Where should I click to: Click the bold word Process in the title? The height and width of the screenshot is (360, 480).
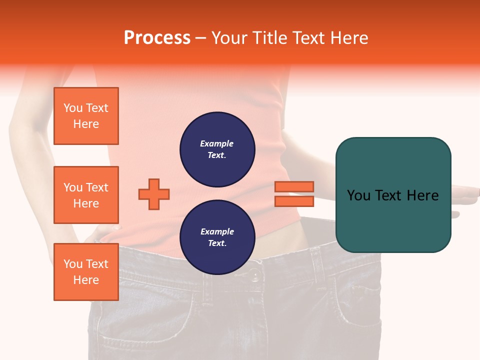157,38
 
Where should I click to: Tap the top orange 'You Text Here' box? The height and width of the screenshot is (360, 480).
86,116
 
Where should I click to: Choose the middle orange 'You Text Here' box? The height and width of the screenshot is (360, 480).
86,195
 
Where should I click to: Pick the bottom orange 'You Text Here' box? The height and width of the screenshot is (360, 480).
86,271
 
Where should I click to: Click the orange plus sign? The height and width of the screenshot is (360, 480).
154,194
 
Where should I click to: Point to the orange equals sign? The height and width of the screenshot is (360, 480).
294,194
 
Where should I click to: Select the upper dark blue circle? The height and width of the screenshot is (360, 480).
217,149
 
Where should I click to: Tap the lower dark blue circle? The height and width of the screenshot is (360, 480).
217,237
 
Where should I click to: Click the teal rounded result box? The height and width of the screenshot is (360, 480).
393,195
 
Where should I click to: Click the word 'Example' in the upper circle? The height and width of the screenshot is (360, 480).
216,143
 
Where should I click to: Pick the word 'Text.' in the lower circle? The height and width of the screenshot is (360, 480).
217,243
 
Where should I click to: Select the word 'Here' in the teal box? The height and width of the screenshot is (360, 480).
422,195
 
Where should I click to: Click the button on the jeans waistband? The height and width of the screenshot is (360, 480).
255,275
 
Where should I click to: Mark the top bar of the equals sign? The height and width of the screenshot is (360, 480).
294,187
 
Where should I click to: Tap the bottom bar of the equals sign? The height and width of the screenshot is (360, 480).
294,201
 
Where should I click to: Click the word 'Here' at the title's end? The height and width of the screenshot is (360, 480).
350,38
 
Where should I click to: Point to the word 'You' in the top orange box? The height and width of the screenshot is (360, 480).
72,108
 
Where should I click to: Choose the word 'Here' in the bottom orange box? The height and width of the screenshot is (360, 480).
86,280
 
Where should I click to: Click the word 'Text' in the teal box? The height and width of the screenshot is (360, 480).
388,195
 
